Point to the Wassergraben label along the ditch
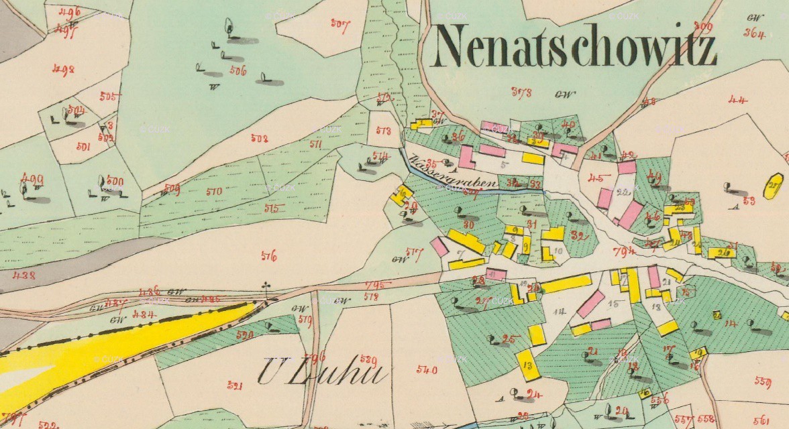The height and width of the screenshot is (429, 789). tap(451, 173)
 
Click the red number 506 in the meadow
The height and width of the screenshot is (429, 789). tap(238, 70)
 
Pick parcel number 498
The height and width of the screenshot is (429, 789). tap(64, 69)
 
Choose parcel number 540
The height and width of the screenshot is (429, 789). tap(427, 369)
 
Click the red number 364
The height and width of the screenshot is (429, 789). tap(755, 34)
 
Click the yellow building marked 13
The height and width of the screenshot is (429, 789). tap(528, 365)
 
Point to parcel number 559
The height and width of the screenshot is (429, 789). tap(762, 381)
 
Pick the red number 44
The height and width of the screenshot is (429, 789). tap(737, 101)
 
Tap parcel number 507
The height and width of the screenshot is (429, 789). tap(340, 25)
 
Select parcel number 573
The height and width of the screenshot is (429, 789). tap(383, 131)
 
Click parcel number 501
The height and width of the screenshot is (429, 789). tap(83, 147)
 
